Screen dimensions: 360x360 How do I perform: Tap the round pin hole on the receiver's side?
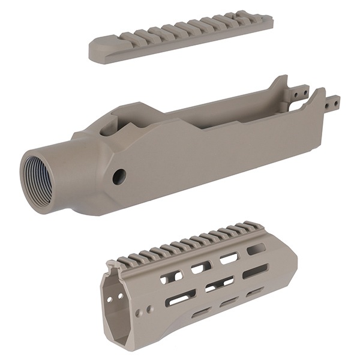[119, 176]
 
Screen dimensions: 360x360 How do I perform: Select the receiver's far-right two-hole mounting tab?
[332, 102]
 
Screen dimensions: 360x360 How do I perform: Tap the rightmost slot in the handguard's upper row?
[256, 248]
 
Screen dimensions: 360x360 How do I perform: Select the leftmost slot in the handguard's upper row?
[171, 277]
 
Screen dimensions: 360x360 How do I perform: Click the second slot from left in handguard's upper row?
[201, 267]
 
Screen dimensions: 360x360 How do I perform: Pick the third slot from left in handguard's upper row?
[229, 258]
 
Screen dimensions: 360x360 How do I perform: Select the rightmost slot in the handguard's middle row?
[256, 271]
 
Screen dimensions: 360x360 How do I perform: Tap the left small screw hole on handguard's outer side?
[139, 313]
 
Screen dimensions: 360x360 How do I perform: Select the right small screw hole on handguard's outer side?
[149, 310]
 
